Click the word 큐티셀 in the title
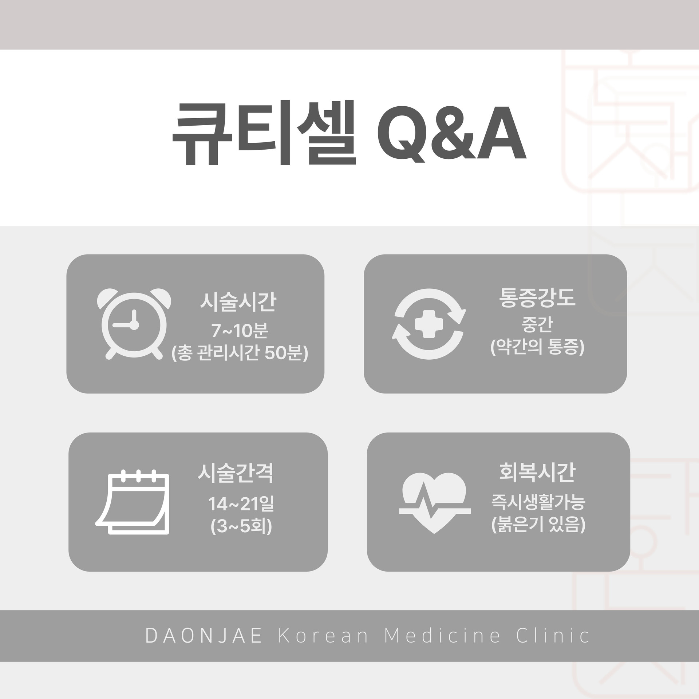[x=264, y=133]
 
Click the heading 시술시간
[x=238, y=303]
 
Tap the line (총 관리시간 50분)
[x=240, y=353]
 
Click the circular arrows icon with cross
[x=430, y=324]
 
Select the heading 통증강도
[x=537, y=297]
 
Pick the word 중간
[x=537, y=325]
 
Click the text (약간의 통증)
[x=537, y=347]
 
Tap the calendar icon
[x=133, y=502]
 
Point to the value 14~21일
[x=241, y=504]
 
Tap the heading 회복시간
[x=537, y=472]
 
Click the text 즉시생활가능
[x=538, y=502]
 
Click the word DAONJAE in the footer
[x=204, y=636]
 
